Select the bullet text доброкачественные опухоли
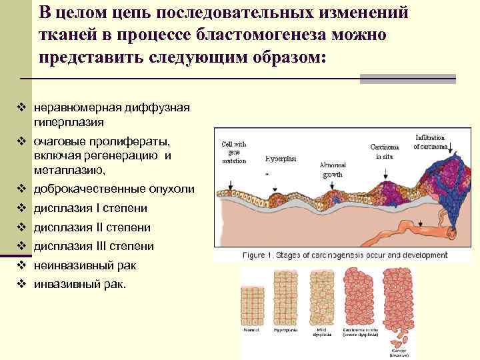[114, 189]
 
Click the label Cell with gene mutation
[233, 151]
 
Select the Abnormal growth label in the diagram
[333, 169]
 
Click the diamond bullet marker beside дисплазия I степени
[21, 208]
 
